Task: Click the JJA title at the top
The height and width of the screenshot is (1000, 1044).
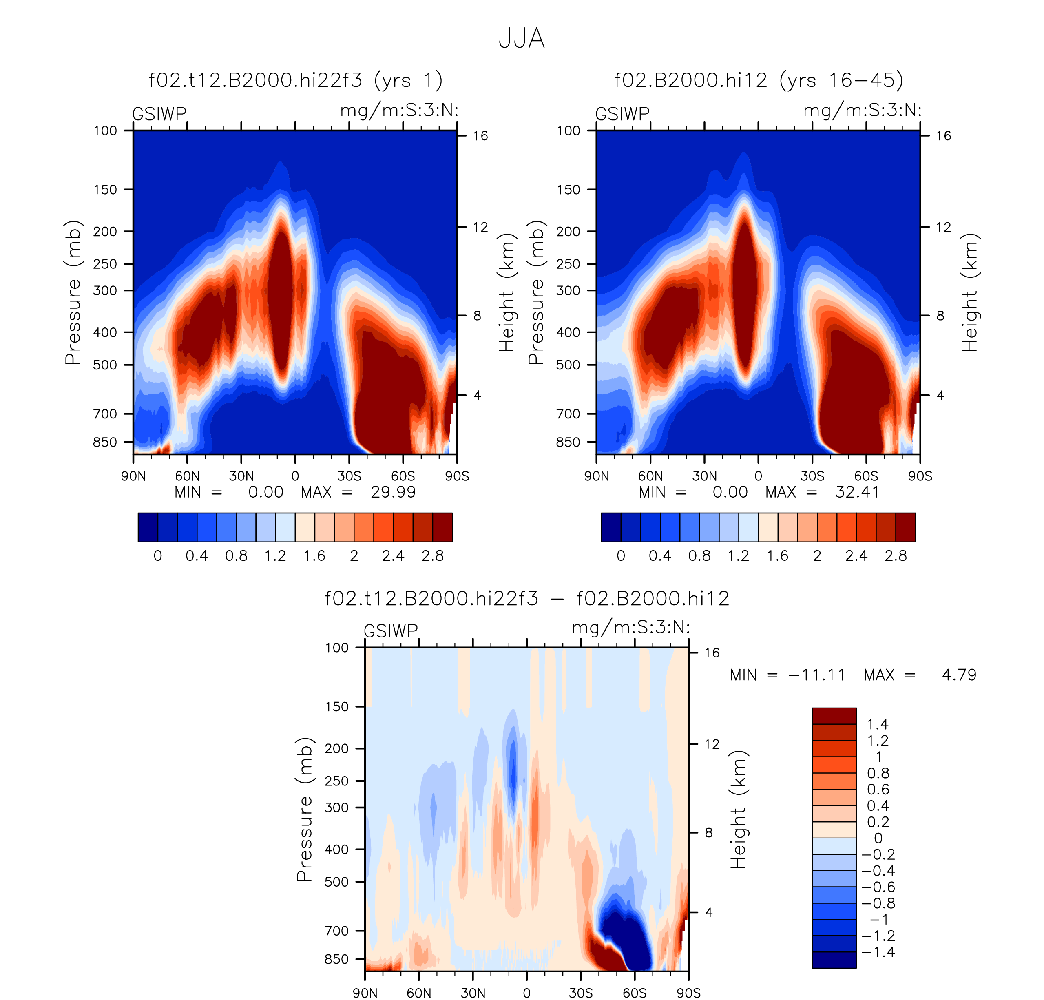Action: tap(522, 39)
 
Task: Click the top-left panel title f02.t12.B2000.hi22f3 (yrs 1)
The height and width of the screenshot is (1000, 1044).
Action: tap(296, 80)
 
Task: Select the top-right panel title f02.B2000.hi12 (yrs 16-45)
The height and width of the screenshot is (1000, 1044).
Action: tap(759, 80)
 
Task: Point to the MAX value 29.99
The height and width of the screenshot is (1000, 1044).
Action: tap(393, 492)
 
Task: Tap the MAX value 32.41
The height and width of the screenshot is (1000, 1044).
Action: tap(857, 492)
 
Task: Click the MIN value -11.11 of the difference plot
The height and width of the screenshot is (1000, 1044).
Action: tap(816, 675)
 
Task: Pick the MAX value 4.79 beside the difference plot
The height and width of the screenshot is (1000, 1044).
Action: tap(959, 675)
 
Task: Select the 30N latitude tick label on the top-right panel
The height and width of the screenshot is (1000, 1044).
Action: tap(704, 476)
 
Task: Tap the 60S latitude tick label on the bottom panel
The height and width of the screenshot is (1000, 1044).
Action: tap(635, 993)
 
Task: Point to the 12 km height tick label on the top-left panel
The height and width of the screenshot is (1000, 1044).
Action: tap(480, 227)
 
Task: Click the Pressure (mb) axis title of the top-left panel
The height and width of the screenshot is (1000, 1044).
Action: tap(73, 292)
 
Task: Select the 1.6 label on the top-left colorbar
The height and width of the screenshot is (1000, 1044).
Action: tap(314, 556)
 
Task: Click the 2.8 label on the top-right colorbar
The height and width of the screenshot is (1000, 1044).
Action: tap(896, 556)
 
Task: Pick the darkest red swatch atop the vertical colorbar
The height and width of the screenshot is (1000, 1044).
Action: tap(834, 716)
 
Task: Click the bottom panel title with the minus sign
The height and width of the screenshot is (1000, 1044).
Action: tap(527, 598)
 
